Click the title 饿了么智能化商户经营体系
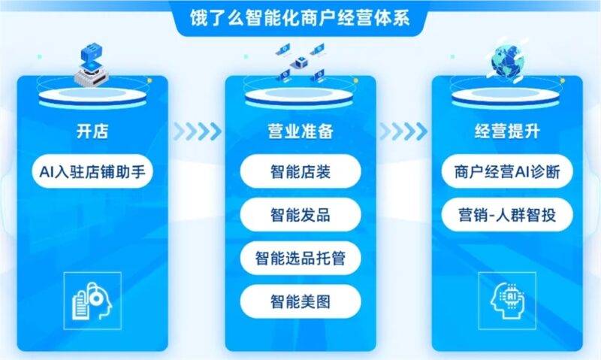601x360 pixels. [x=300, y=17]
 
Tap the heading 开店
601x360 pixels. [x=92, y=131]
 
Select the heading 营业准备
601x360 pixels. [x=300, y=131]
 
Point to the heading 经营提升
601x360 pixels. [x=507, y=131]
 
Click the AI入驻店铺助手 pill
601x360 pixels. [x=92, y=171]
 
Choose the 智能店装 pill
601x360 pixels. [x=300, y=171]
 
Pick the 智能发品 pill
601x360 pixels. [x=300, y=215]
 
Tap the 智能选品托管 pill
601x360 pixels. [x=300, y=258]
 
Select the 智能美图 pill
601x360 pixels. [x=300, y=301]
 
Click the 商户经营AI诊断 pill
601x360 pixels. [x=507, y=171]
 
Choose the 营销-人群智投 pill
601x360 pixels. [x=507, y=215]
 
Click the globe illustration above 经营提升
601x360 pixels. [x=506, y=62]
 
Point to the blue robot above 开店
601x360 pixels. [x=92, y=65]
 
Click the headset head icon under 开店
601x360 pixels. [x=92, y=301]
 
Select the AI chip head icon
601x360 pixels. [x=507, y=301]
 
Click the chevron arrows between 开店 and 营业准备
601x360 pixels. [x=197, y=132]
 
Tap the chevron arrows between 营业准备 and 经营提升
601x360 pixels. [x=403, y=132]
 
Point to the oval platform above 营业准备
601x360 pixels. [x=299, y=98]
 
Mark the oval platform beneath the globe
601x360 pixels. [x=506, y=98]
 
